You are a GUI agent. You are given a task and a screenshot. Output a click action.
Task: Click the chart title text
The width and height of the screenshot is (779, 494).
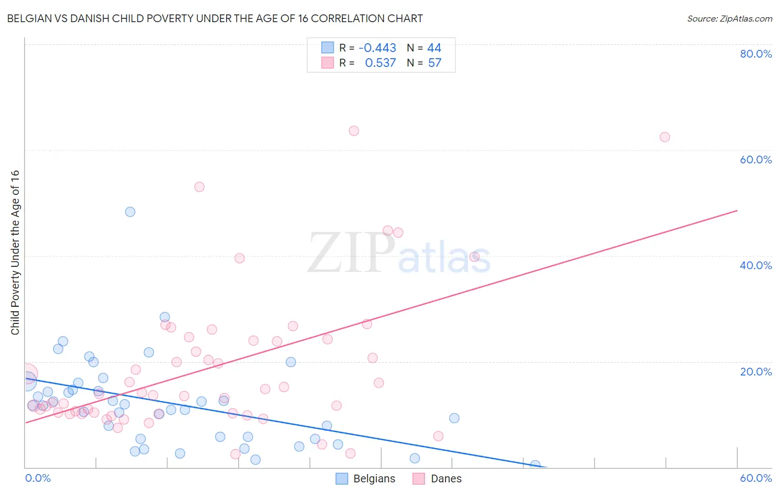pyautogui.click(x=214, y=18)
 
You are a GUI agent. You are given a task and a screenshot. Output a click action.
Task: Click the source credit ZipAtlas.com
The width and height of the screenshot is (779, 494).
pyautogui.click(x=729, y=18)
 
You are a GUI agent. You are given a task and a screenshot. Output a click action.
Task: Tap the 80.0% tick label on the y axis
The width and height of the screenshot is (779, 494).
pyautogui.click(x=756, y=54)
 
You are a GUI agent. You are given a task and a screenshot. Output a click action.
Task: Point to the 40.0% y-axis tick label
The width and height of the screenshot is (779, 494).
pyautogui.click(x=756, y=265)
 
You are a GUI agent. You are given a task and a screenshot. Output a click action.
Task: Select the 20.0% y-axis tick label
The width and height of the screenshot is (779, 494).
pyautogui.click(x=756, y=372)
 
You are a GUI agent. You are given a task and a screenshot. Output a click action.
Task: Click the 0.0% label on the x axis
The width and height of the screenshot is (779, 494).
pyautogui.click(x=38, y=478)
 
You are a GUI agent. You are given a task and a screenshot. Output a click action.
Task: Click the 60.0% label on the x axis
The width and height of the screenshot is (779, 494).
pyautogui.click(x=756, y=478)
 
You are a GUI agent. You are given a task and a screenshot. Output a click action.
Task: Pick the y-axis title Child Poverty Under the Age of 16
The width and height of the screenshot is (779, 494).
pyautogui.click(x=15, y=252)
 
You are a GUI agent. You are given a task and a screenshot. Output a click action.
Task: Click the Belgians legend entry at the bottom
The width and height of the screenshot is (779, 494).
pyautogui.click(x=366, y=478)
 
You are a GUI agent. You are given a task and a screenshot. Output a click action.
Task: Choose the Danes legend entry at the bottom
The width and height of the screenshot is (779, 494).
pyautogui.click(x=437, y=478)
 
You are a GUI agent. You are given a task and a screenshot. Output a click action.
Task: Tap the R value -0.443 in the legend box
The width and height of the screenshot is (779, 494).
pyautogui.click(x=377, y=48)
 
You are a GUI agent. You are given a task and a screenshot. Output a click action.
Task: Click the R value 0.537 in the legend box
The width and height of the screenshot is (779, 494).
pyautogui.click(x=380, y=63)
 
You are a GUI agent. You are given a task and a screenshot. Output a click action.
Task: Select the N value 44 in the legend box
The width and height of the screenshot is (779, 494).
pyautogui.click(x=434, y=48)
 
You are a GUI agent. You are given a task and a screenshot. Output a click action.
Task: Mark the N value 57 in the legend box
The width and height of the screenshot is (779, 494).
pyautogui.click(x=435, y=63)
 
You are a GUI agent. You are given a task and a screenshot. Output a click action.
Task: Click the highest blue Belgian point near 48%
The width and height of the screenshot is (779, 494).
pyautogui.click(x=130, y=212)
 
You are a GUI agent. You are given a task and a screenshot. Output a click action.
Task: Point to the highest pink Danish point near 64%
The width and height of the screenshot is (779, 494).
pyautogui.click(x=354, y=131)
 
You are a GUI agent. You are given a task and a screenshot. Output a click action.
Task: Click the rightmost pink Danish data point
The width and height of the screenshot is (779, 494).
pyautogui.click(x=665, y=137)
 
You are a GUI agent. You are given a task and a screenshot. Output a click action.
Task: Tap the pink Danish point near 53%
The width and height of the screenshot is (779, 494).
pyautogui.click(x=199, y=187)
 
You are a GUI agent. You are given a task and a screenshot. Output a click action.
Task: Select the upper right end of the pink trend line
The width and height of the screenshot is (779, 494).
pyautogui.click(x=737, y=210)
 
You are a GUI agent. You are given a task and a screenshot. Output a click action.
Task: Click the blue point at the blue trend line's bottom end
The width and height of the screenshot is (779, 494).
pyautogui.click(x=535, y=465)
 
